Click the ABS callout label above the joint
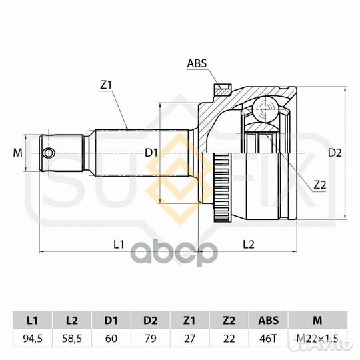(x=197, y=63)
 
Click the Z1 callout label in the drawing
(x=106, y=85)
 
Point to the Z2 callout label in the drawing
(x=320, y=185)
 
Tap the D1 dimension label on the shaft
(x=151, y=153)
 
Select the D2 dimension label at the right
(x=335, y=153)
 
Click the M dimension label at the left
(x=18, y=153)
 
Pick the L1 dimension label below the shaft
(x=119, y=244)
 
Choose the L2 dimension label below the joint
(x=249, y=244)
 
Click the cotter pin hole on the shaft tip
(x=49, y=153)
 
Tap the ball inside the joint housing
(x=265, y=109)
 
